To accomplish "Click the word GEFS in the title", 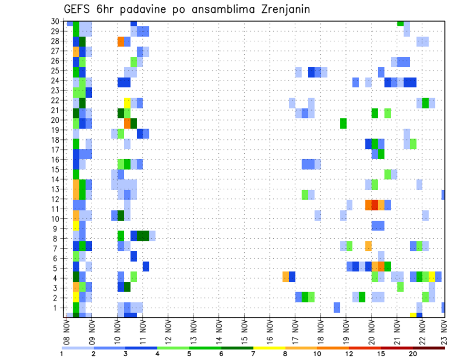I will tap(77, 10).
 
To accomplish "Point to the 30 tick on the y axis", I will tap(56, 21).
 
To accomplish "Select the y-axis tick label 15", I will tap(56, 169).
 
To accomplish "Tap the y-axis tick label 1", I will tap(57, 308).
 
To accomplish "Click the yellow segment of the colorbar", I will tap(269, 348).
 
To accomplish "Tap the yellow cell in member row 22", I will tap(127, 103).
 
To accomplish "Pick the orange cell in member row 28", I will tap(121, 41).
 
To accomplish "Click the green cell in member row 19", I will tap(343, 123).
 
